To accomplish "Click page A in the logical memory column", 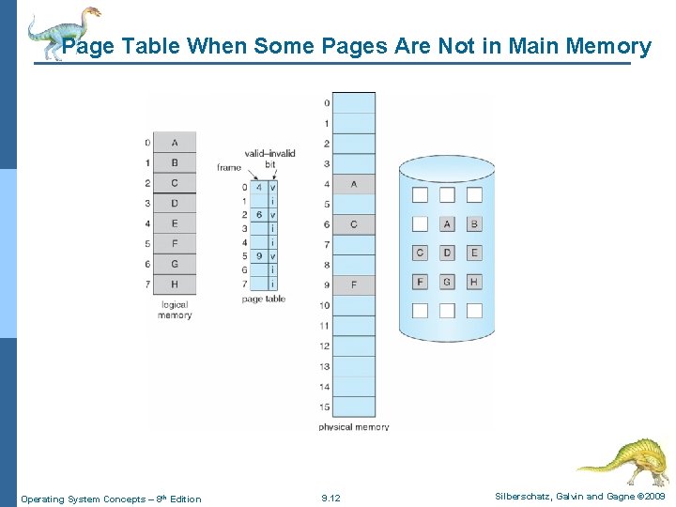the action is tap(175, 143).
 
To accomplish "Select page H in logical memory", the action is tap(175, 284).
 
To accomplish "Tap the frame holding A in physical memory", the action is tap(353, 184).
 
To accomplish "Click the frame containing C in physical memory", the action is tap(353, 224).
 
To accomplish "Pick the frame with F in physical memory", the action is tap(353, 284).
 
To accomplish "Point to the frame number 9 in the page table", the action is tap(258, 255).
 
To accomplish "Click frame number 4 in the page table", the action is tap(258, 187).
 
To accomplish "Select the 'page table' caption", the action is tap(264, 300).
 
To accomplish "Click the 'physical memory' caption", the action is tap(353, 427).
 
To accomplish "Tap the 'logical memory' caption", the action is tap(175, 310).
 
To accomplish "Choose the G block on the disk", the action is tap(447, 282).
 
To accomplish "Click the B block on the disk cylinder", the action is tap(474, 223).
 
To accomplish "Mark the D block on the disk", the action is tap(447, 253).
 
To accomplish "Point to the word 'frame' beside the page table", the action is tap(228, 168).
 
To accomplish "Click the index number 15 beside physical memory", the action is tap(325, 407).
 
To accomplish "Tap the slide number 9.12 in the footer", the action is tap(330, 499).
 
